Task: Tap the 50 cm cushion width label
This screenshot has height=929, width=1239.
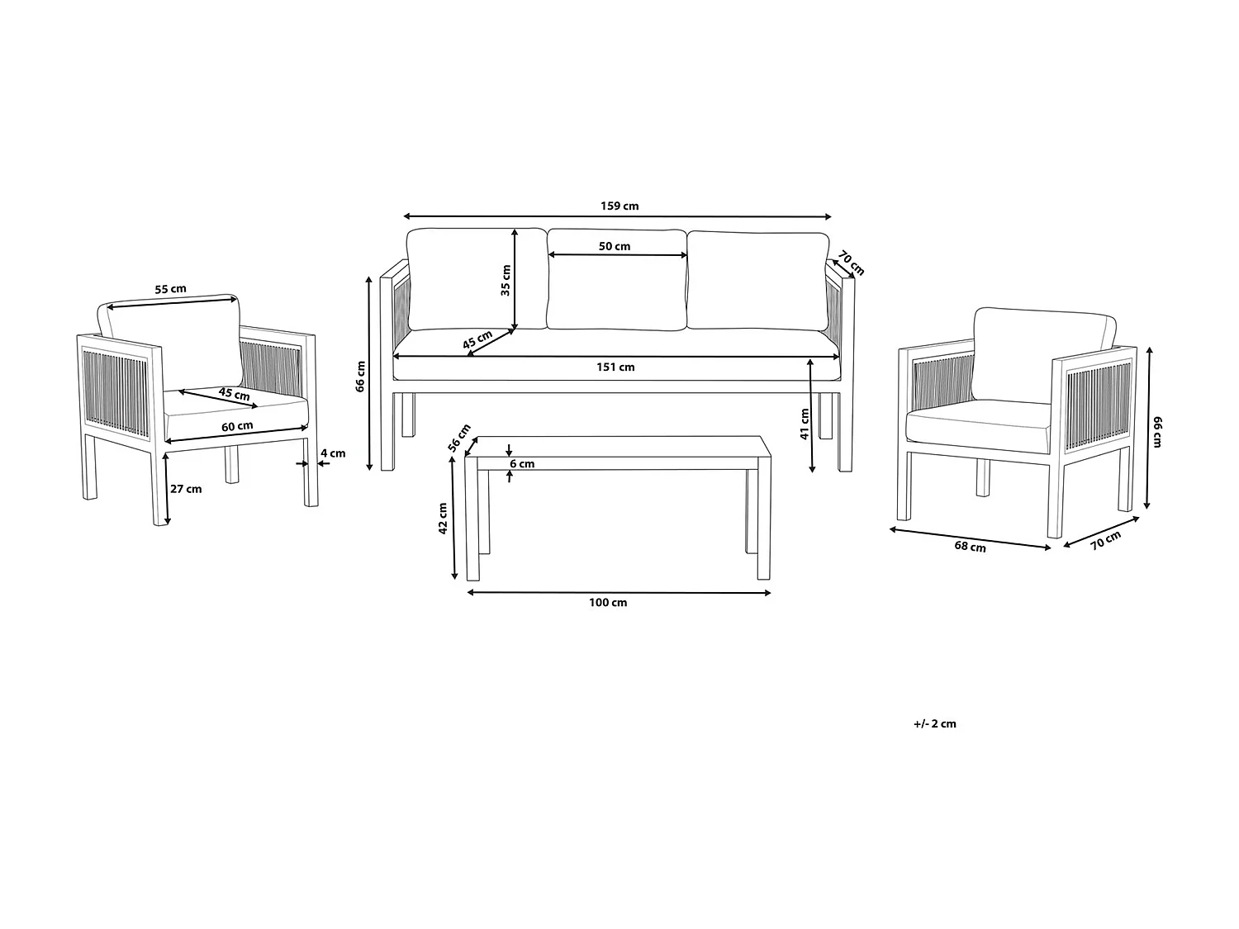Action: [615, 246]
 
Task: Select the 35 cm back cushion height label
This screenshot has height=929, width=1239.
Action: [506, 279]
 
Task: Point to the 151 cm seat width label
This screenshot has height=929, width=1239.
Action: [615, 367]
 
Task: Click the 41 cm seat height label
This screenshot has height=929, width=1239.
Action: [805, 424]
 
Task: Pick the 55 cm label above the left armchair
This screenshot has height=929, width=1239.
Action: [171, 289]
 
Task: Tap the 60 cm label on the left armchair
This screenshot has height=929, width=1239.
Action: [237, 426]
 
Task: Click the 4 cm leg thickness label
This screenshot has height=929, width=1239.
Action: [333, 453]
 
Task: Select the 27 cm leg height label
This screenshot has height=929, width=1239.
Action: [185, 489]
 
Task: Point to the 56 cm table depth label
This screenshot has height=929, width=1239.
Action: [459, 436]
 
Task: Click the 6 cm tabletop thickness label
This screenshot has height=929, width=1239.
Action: [522, 464]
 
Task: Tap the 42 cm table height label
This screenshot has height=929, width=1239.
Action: [443, 519]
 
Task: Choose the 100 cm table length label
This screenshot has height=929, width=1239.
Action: [608, 603]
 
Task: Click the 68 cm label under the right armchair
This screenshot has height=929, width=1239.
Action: [970, 546]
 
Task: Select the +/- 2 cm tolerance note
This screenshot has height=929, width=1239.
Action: [935, 723]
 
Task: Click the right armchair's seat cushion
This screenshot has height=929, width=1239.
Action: [979, 425]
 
